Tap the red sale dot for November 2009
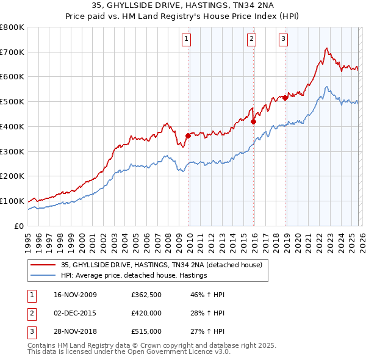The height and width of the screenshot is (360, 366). pos(188,136)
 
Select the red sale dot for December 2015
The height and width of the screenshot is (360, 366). pos(253,121)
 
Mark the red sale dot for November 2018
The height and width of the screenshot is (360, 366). pos(285,98)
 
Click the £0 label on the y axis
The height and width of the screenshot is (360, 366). pos(18,226)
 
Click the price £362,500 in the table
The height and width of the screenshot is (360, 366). pos(146,295)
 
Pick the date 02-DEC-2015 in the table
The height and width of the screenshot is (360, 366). pos(71,313)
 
